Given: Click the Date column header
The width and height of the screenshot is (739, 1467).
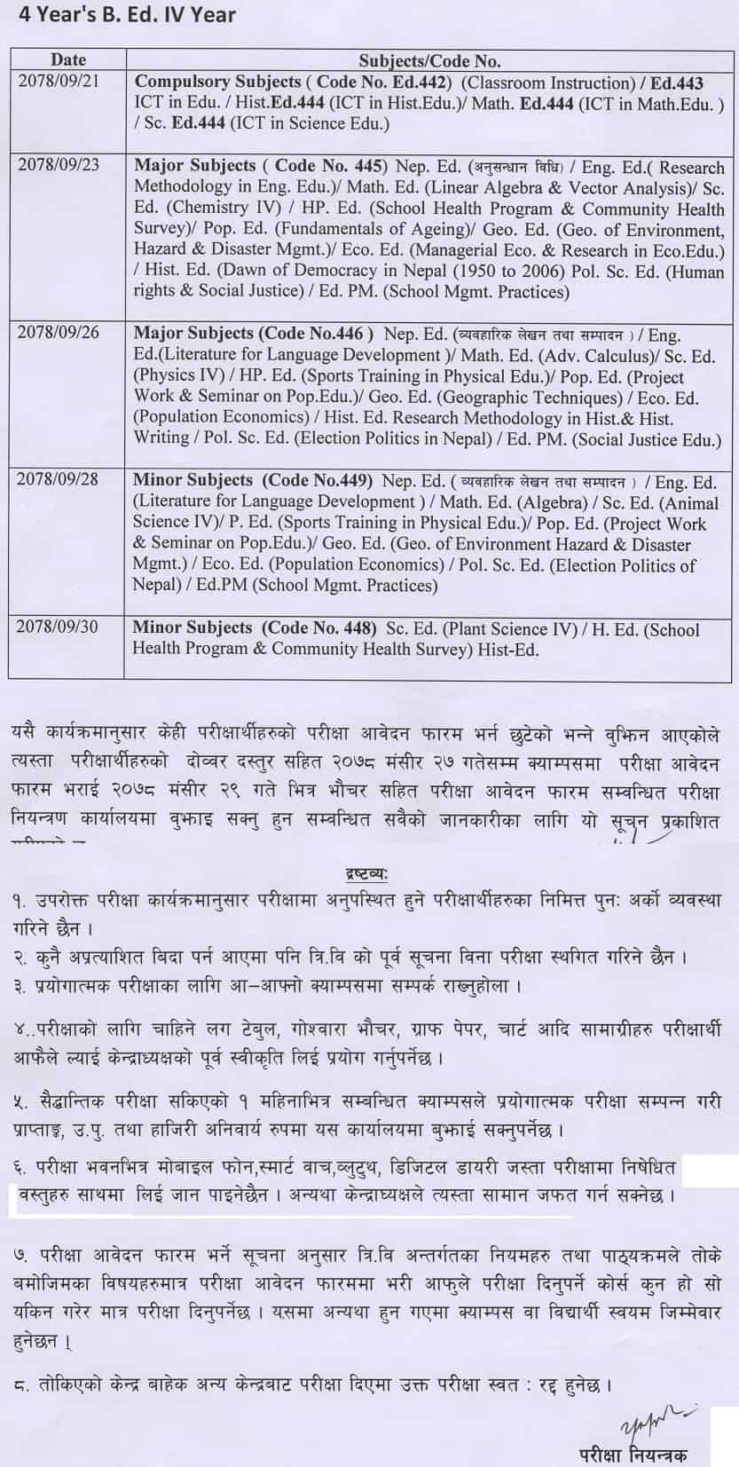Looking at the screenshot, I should [x=68, y=60].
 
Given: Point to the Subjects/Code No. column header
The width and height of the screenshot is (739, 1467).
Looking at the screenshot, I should [x=429, y=60].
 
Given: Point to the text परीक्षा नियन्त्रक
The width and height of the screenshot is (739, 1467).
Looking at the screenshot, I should [x=629, y=1453].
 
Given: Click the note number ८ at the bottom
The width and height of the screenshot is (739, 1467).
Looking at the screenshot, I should [x=20, y=1384].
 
